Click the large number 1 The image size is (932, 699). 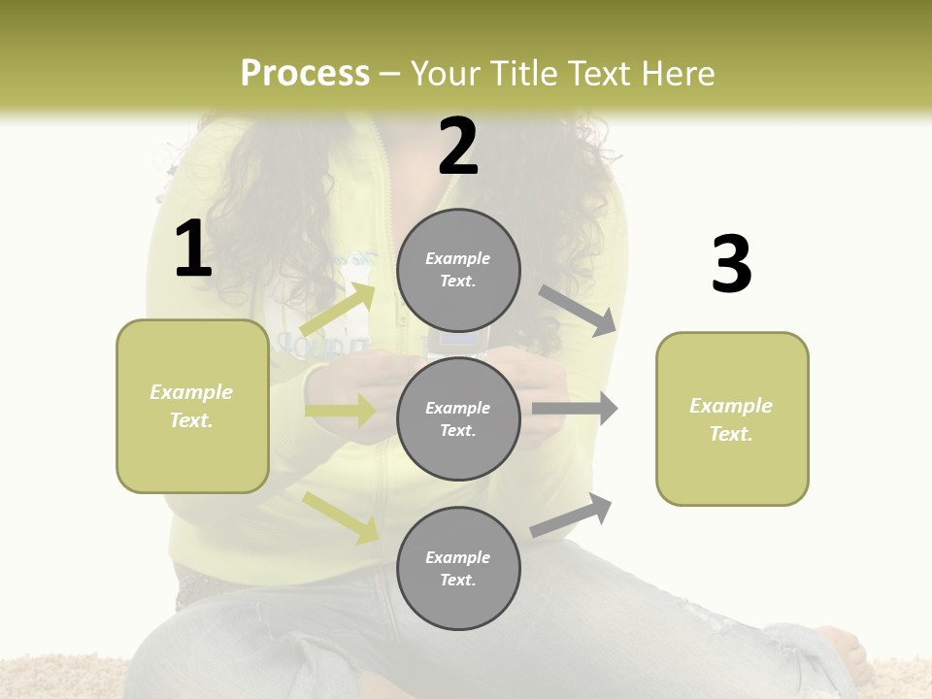[193, 250]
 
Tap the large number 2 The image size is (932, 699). [458, 147]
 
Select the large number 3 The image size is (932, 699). [731, 265]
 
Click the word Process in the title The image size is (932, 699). [305, 74]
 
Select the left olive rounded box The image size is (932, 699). [192, 406]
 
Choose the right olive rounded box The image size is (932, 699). [732, 418]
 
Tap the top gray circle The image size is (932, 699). [458, 270]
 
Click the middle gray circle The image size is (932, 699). [458, 419]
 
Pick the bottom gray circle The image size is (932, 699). [458, 568]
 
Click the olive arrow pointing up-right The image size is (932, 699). [338, 309]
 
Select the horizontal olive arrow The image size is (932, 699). [340, 411]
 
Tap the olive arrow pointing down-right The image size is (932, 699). [341, 516]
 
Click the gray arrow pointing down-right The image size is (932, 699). [579, 311]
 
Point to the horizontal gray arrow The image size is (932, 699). [575, 409]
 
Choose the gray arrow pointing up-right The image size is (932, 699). [572, 516]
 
